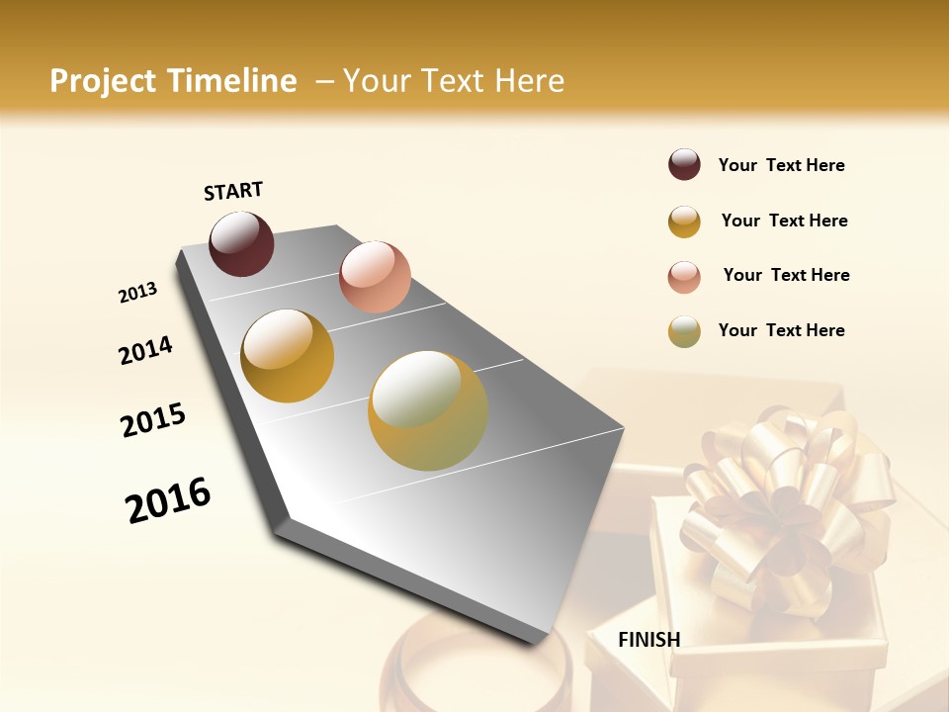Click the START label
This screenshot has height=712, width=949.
point(233,191)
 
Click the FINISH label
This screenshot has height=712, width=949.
point(648,640)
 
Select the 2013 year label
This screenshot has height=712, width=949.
point(137,293)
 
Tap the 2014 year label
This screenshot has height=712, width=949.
point(145,350)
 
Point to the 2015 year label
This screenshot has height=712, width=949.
point(153,420)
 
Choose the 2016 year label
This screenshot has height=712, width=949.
point(168,499)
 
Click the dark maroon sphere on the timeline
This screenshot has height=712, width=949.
point(241,243)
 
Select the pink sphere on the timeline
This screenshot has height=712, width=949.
point(375,277)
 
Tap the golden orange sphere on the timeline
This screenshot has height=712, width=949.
point(287,356)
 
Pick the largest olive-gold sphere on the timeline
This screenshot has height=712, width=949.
point(428,410)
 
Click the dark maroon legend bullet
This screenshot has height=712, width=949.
point(684,165)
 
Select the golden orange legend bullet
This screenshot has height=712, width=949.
point(684,221)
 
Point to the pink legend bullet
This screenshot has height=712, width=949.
point(684,276)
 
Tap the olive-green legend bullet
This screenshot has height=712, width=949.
point(684,331)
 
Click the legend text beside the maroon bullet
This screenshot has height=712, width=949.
point(781,165)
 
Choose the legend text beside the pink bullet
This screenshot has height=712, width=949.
point(786,275)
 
